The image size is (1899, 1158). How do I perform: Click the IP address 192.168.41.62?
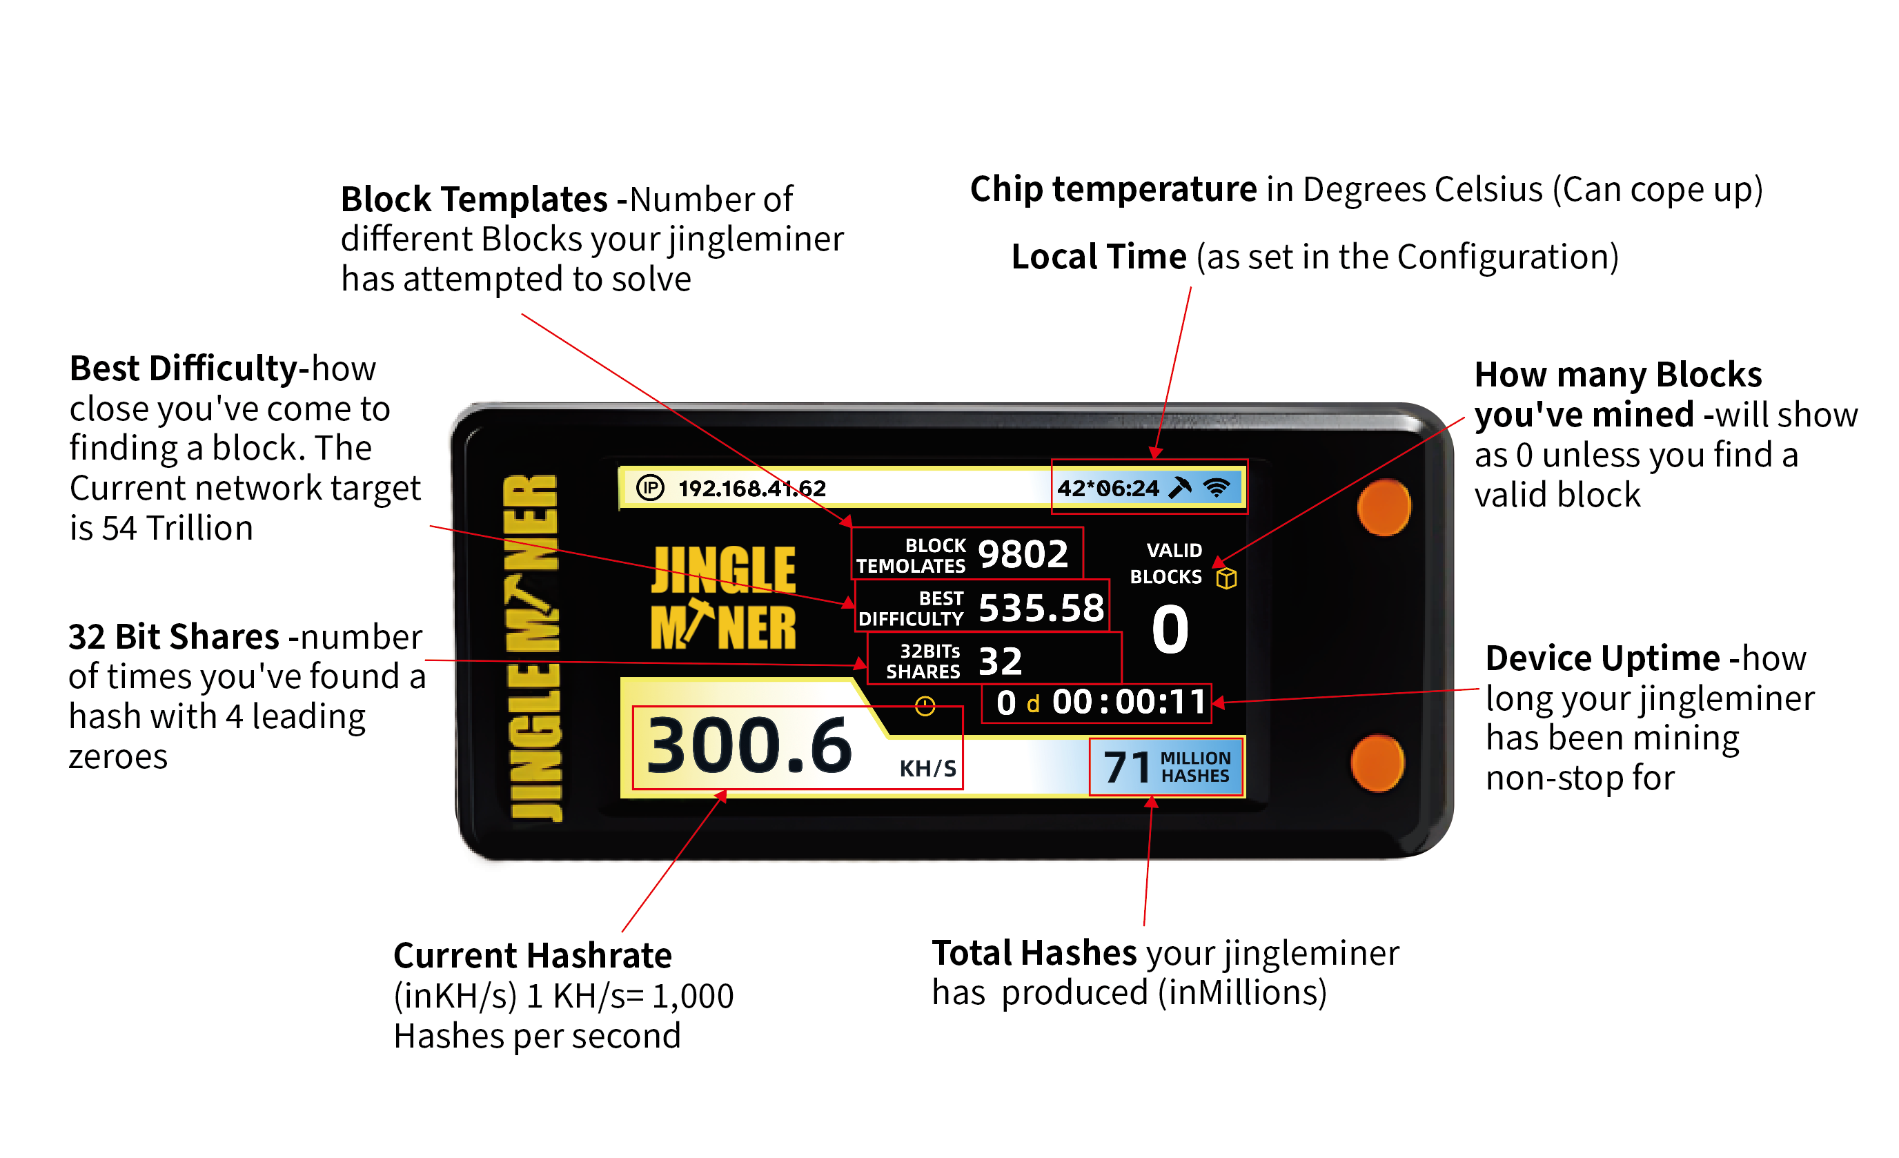click(x=751, y=488)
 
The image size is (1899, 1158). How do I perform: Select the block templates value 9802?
click(x=1023, y=553)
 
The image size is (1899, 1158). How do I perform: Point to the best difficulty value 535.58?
click(x=1041, y=607)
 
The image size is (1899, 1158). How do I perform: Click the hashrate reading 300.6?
click(x=749, y=745)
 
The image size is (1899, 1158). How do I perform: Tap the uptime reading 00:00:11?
click(x=1128, y=703)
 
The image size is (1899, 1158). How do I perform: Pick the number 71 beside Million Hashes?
click(x=1127, y=767)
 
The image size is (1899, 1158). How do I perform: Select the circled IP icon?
click(x=650, y=487)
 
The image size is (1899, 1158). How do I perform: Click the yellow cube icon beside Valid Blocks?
click(x=1226, y=578)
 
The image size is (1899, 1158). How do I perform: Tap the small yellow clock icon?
click(x=925, y=705)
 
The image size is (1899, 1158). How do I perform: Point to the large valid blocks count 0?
click(x=1170, y=629)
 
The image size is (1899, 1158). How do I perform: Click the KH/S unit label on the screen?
click(x=928, y=769)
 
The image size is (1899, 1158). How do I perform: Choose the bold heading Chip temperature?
click(x=1114, y=190)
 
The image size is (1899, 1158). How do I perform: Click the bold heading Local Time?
click(x=1099, y=257)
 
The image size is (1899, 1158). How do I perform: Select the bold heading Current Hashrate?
click(x=533, y=956)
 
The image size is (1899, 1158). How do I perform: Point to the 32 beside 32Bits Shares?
click(x=1001, y=662)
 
